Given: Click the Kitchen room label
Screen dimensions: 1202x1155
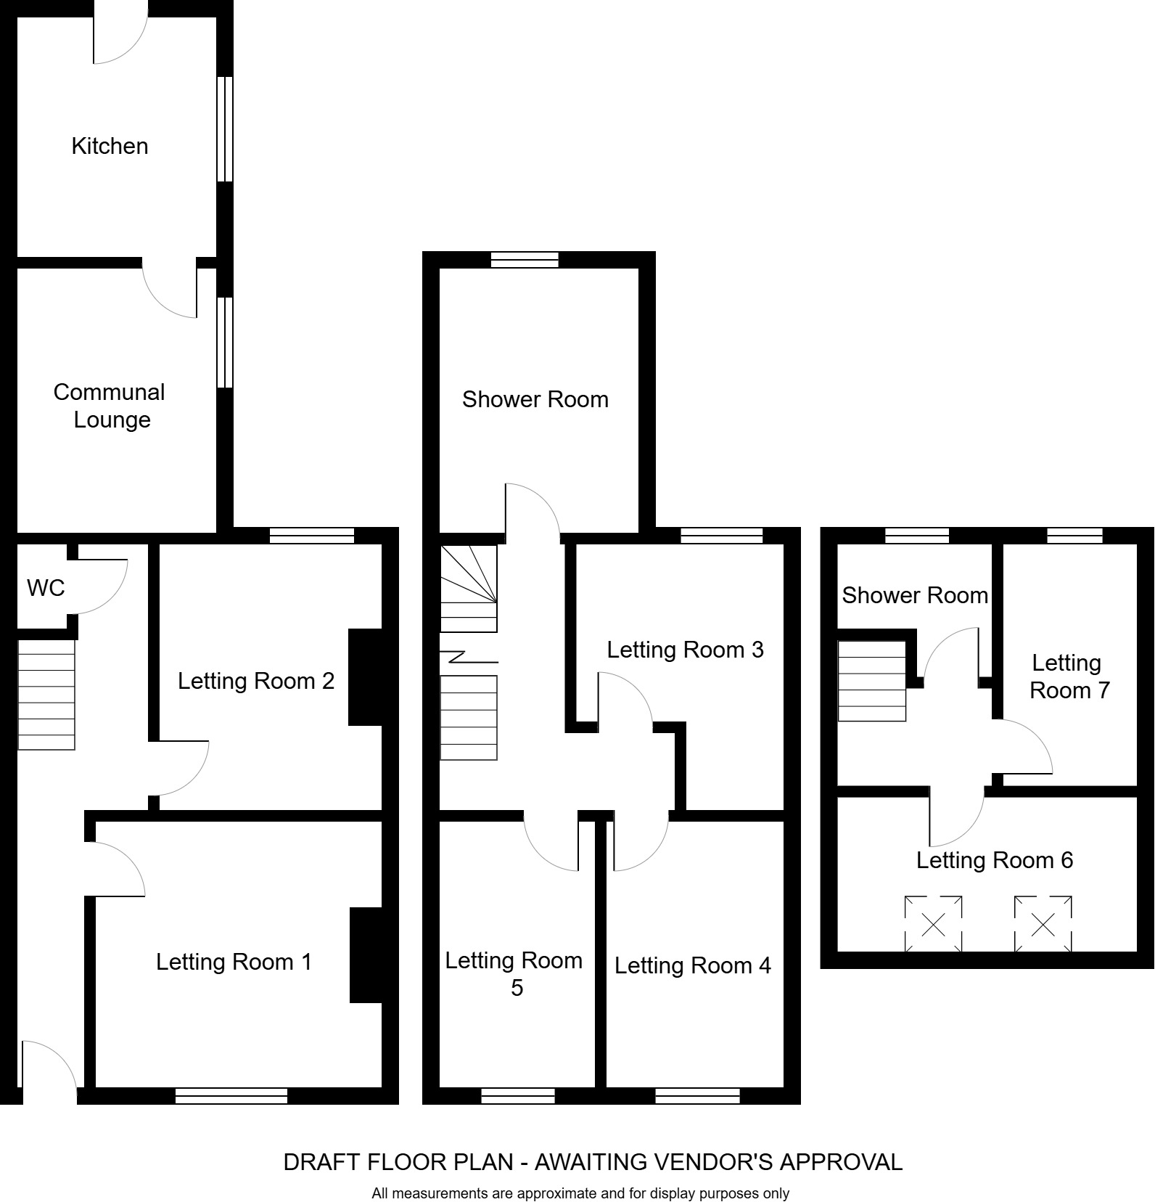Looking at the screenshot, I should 110,146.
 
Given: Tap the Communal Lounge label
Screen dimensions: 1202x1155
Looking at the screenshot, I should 110,406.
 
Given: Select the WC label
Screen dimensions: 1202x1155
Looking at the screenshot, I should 46,588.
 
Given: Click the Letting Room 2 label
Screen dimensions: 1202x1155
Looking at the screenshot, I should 256,681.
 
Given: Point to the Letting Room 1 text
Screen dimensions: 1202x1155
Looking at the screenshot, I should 234,962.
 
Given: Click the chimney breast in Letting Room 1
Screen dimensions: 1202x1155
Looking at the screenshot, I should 366,955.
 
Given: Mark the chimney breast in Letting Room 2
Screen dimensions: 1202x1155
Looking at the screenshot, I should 365,676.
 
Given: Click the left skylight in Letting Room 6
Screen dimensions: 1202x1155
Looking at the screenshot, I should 933,924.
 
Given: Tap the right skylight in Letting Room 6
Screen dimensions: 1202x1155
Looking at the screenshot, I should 1043,924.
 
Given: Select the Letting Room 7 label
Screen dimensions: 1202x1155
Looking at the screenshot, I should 1068,676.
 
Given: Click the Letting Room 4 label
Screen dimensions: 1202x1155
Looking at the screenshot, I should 692,965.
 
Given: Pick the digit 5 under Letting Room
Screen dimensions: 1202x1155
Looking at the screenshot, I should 517,989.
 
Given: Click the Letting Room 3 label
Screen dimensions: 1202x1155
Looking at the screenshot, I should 685,650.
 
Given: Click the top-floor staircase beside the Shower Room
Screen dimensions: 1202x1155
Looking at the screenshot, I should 871,681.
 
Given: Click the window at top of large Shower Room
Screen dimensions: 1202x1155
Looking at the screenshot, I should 525,260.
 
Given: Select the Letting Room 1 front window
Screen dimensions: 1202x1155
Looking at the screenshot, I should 231,1095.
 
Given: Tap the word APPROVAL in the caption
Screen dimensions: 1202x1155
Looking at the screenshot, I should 841,1162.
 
